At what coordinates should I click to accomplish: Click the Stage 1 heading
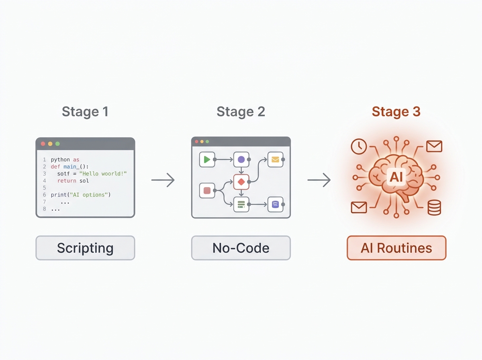click(x=85, y=112)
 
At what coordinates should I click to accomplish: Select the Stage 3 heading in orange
click(x=396, y=112)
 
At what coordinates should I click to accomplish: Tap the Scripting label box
click(x=85, y=248)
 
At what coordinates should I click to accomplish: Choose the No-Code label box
click(x=241, y=248)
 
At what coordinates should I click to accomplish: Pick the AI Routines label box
click(x=396, y=248)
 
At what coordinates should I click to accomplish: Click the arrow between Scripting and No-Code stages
click(x=163, y=180)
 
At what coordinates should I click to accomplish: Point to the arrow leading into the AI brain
click(x=319, y=180)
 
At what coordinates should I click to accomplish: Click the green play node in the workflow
click(x=207, y=160)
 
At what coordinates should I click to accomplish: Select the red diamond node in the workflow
click(x=241, y=182)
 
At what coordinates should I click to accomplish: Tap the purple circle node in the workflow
click(x=241, y=160)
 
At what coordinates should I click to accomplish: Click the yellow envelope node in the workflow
click(x=276, y=160)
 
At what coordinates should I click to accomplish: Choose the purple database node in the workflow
click(x=276, y=205)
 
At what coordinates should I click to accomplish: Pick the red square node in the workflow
click(x=207, y=190)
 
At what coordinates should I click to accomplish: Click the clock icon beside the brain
click(x=359, y=146)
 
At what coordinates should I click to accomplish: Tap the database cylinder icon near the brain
click(x=434, y=208)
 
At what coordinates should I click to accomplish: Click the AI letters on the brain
click(x=396, y=177)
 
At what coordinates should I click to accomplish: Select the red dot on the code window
click(x=43, y=144)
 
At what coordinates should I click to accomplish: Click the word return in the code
click(x=67, y=181)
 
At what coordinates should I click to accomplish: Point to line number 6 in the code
click(x=44, y=195)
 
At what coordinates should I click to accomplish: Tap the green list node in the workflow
click(x=241, y=205)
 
